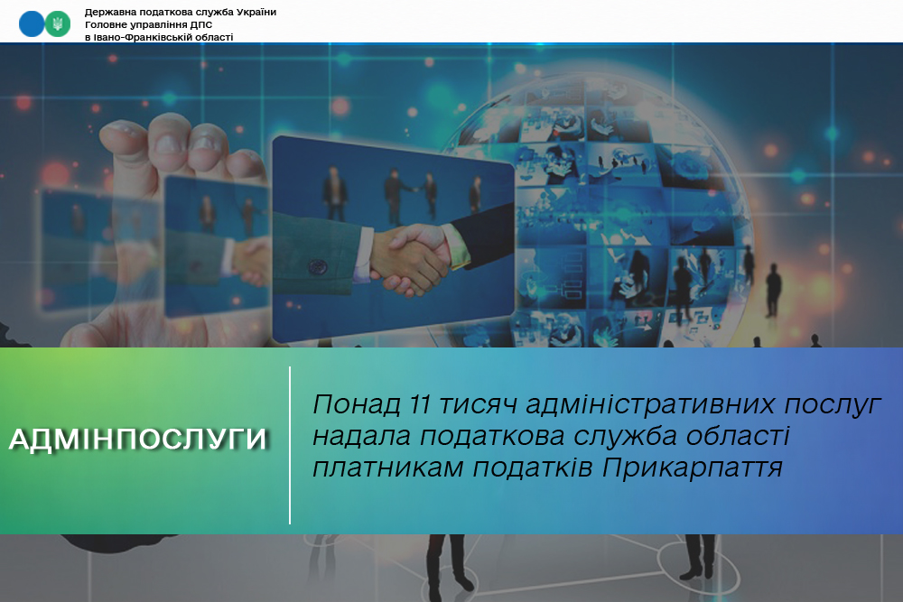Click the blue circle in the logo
(x=31, y=24)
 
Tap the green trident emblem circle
(x=58, y=24)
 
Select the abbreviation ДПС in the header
(x=201, y=24)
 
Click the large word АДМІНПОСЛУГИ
(x=138, y=440)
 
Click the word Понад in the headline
(x=357, y=404)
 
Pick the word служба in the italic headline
(x=626, y=436)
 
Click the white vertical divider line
(x=290, y=445)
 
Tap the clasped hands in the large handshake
(x=410, y=256)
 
